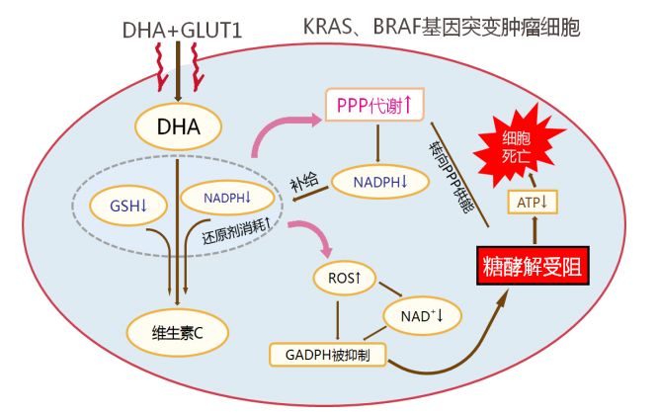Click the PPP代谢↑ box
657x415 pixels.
pyautogui.click(x=376, y=103)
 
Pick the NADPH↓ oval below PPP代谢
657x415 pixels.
pyautogui.click(x=382, y=180)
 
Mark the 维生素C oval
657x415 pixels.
pyautogui.click(x=179, y=332)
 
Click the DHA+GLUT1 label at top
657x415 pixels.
pyautogui.click(x=181, y=31)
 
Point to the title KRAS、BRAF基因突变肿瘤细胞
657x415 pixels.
pyautogui.click(x=441, y=27)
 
